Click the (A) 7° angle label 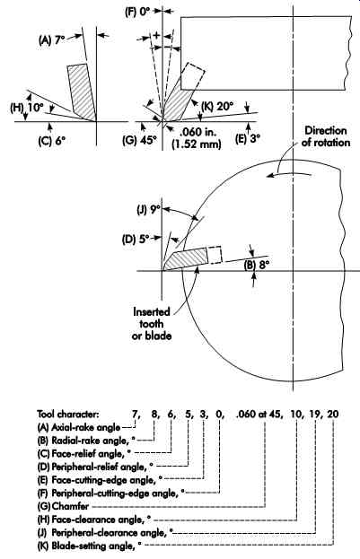pyautogui.click(x=51, y=39)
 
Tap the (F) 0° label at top pyautogui.click(x=138, y=12)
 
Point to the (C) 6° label pyautogui.click(x=52, y=141)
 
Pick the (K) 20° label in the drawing pyautogui.click(x=217, y=106)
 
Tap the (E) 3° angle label pyautogui.click(x=247, y=138)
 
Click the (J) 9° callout pyautogui.click(x=149, y=210)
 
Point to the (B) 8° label pyautogui.click(x=257, y=266)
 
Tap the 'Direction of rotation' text pyautogui.click(x=326, y=136)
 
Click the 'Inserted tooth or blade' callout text pyautogui.click(x=152, y=324)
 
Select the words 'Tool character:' pyautogui.click(x=68, y=414)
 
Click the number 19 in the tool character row pyautogui.click(x=316, y=414)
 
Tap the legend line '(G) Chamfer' pyautogui.click(x=63, y=506)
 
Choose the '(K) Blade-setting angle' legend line pyautogui.click(x=89, y=546)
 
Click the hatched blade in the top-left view pyautogui.click(x=82, y=92)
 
